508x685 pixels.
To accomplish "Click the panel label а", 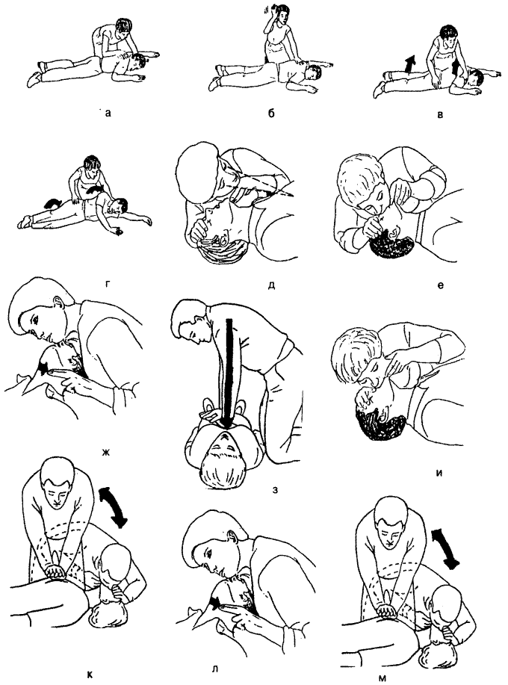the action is (108, 114).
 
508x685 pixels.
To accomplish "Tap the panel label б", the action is (271, 114).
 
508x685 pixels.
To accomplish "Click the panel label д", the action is (271, 285).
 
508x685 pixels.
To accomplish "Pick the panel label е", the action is (440, 285).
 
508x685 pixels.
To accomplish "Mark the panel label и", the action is (439, 474).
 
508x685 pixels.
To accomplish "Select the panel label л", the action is (215, 669).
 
